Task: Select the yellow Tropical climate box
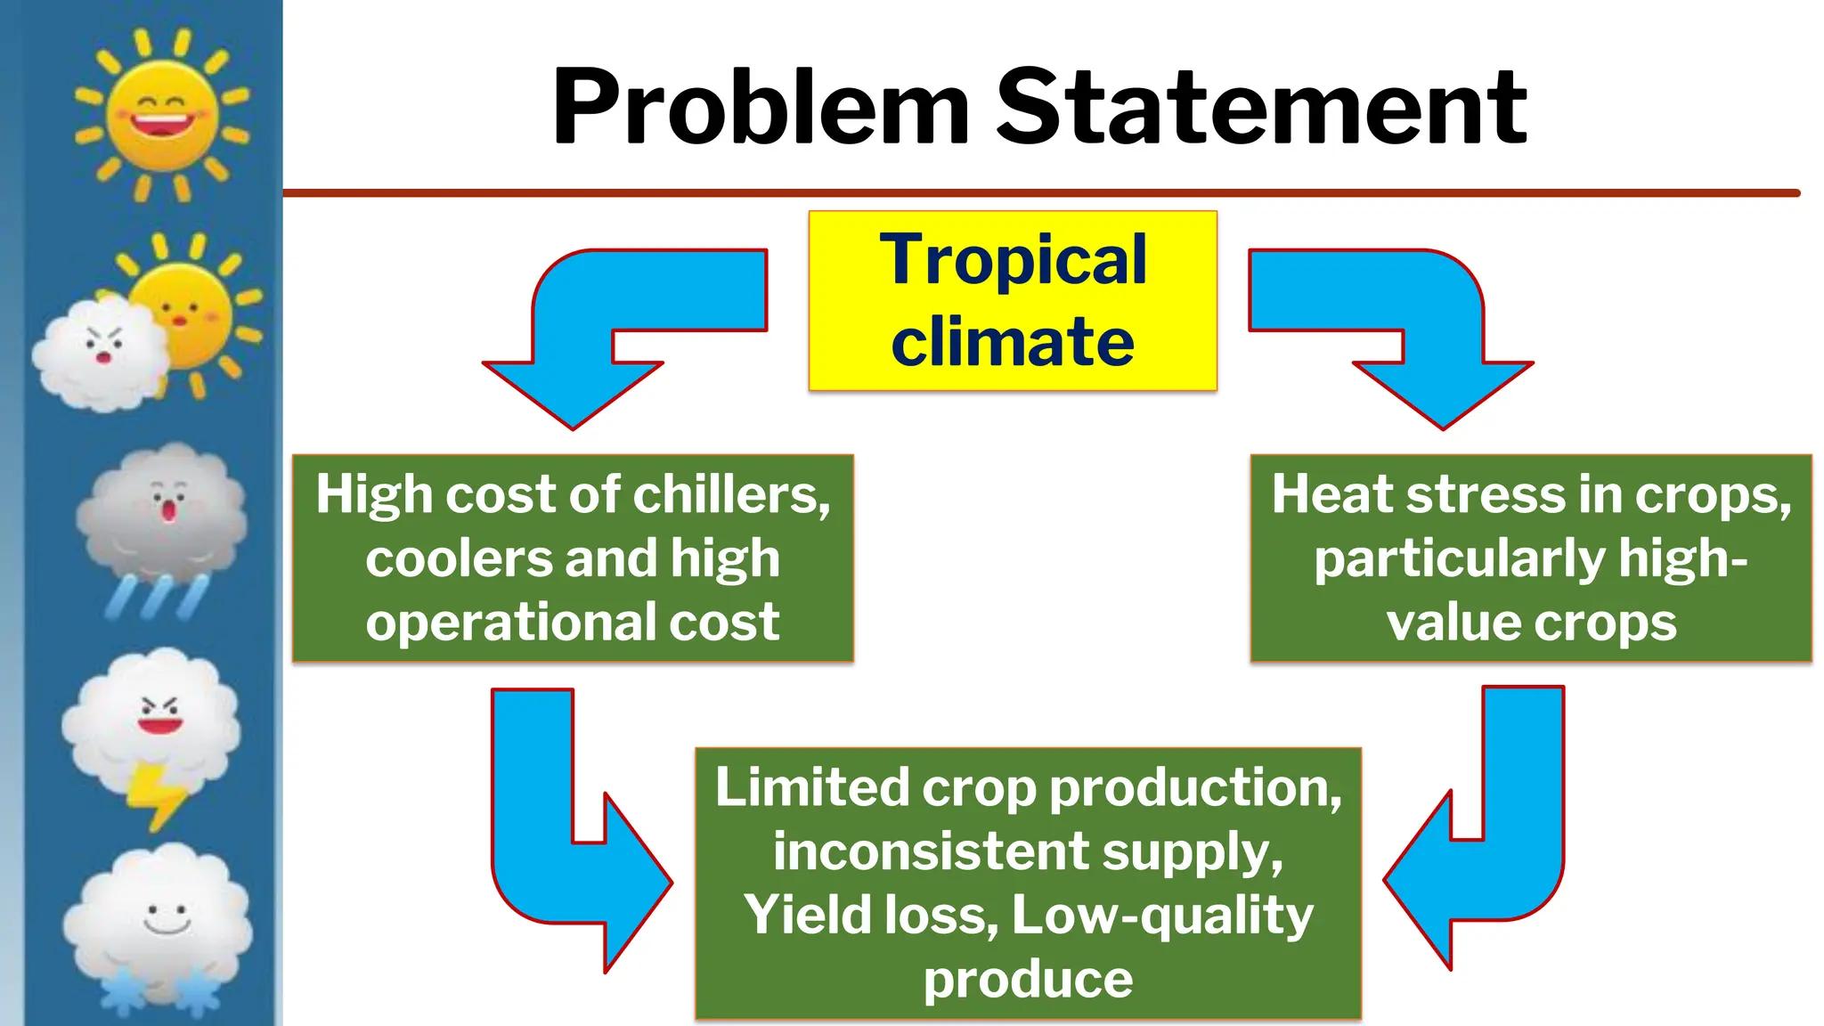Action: (1013, 301)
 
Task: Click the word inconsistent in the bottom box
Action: (931, 851)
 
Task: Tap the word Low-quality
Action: (1162, 916)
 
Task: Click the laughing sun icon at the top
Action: (162, 113)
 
